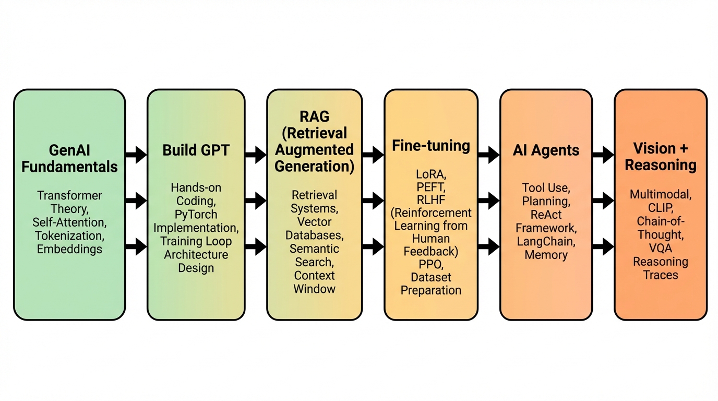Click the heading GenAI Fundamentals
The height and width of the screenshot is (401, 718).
pyautogui.click(x=69, y=159)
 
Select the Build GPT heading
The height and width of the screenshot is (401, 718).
pyautogui.click(x=196, y=150)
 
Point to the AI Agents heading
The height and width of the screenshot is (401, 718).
pyautogui.click(x=546, y=150)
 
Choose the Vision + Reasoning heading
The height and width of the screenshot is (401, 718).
pyautogui.click(x=661, y=157)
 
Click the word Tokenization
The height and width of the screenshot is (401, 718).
pyautogui.click(x=69, y=235)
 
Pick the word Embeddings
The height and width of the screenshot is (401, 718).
pyautogui.click(x=69, y=249)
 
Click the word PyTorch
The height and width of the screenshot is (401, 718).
pyautogui.click(x=196, y=214)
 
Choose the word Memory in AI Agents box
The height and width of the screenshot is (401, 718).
pyautogui.click(x=546, y=255)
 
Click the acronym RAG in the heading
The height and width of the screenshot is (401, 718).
pyautogui.click(x=314, y=116)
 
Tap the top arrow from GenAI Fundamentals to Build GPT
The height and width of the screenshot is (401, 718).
pyautogui.click(x=136, y=155)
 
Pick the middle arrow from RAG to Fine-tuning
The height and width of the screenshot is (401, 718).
pyautogui.click(x=373, y=200)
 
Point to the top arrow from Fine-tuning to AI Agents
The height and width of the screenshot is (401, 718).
pyautogui.click(x=489, y=155)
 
